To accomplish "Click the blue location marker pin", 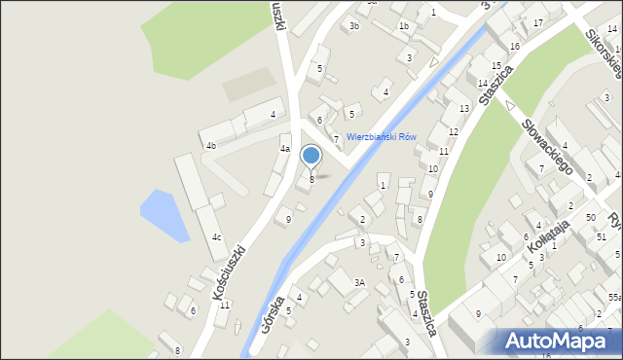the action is [311, 156].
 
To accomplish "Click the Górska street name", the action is [274, 313].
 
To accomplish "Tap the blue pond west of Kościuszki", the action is [164, 215].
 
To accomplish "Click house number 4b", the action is [210, 146].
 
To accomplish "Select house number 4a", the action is [285, 149].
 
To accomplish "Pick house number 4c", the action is [216, 237].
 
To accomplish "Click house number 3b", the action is [355, 26].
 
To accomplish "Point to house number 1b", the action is [403, 26].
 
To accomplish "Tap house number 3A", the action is [359, 282].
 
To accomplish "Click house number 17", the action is [537, 22].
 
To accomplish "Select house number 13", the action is [464, 108].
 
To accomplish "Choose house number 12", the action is [454, 131].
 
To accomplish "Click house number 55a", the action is [614, 297].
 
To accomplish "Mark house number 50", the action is [590, 217].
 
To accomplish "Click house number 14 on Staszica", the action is [483, 84].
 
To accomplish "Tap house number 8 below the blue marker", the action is [311, 179].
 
